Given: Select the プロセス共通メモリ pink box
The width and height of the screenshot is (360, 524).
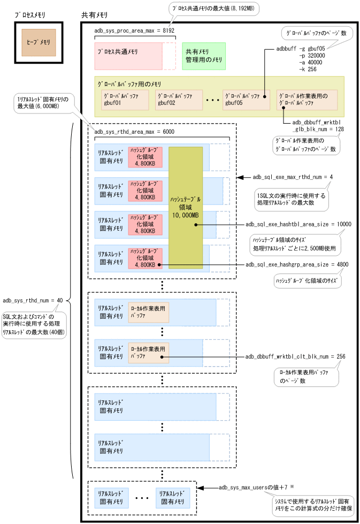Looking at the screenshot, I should coord(128,56).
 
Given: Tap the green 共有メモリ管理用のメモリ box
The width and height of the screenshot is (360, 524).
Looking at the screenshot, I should coord(204,56).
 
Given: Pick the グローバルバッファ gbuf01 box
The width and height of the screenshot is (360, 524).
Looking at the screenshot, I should coord(125,100).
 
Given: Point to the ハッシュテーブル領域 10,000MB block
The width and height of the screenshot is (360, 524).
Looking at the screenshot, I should coord(186,206).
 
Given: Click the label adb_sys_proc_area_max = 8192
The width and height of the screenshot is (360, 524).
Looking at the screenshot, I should coord(134,31).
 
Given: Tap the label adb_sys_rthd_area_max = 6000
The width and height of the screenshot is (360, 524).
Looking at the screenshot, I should coord(134,132).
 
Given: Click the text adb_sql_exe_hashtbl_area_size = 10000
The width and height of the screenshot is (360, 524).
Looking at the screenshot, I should coord(298,224).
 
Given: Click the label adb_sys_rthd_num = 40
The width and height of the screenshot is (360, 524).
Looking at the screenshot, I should coord(33,300).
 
